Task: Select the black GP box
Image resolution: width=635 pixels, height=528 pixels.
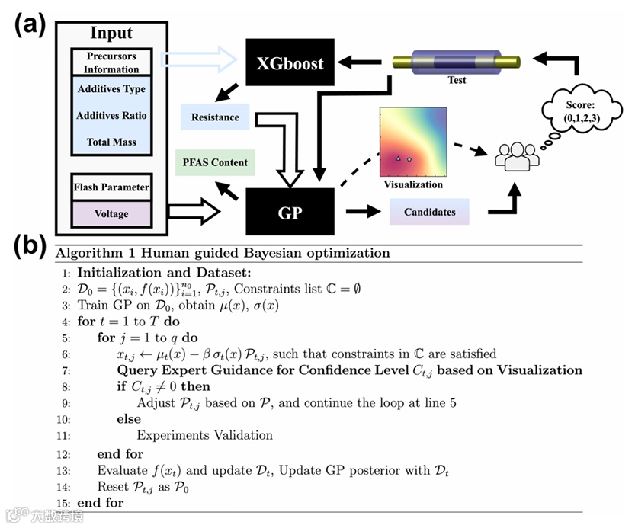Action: (x=290, y=211)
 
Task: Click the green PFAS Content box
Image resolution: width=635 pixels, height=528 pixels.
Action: (x=215, y=162)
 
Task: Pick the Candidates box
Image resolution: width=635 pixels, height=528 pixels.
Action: (x=429, y=211)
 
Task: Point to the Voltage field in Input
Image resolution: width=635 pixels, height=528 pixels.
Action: (x=111, y=214)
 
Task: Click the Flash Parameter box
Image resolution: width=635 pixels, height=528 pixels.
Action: (x=111, y=187)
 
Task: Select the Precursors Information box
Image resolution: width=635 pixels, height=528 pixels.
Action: (x=111, y=61)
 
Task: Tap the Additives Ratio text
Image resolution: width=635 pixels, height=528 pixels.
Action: (x=111, y=116)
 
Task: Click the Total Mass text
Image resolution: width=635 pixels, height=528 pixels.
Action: (x=111, y=142)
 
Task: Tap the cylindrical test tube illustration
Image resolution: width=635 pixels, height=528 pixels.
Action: (x=457, y=62)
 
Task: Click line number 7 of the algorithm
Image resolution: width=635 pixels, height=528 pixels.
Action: (x=67, y=370)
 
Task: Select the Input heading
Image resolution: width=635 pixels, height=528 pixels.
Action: (x=111, y=34)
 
